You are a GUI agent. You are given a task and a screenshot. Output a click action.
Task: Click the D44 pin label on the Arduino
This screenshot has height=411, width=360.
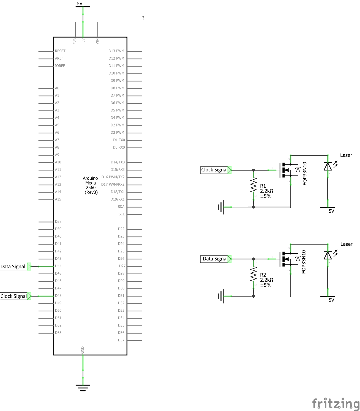click(x=58, y=266)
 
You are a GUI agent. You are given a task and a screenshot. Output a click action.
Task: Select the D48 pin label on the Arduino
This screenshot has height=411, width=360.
click(x=58, y=296)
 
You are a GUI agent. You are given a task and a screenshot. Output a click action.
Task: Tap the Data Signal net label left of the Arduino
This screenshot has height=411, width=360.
click(x=13, y=267)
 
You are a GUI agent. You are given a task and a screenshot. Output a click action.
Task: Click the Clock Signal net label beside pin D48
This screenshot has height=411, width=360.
click(x=14, y=296)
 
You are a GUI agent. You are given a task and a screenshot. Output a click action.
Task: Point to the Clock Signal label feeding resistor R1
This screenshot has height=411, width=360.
click(x=215, y=170)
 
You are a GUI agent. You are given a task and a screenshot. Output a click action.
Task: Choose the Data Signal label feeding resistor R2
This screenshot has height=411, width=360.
click(x=215, y=259)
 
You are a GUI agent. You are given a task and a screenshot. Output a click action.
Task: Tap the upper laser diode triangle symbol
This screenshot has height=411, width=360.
click(x=328, y=166)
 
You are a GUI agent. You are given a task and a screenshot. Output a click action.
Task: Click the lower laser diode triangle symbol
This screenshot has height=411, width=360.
click(x=328, y=255)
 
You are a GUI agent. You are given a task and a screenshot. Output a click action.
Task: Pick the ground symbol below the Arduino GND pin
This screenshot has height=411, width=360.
click(x=83, y=387)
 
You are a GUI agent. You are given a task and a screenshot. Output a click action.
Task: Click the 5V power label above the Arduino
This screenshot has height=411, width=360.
click(x=80, y=4)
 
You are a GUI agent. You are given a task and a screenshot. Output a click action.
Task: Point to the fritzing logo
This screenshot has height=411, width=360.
click(x=336, y=404)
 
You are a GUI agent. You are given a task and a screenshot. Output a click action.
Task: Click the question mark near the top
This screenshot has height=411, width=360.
click(x=143, y=18)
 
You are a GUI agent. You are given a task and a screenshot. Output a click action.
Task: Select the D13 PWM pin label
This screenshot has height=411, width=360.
click(x=116, y=51)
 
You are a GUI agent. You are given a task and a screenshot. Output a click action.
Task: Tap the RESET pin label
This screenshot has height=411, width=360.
click(x=60, y=51)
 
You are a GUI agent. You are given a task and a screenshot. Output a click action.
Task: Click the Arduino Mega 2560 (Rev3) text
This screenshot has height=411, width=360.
click(x=91, y=185)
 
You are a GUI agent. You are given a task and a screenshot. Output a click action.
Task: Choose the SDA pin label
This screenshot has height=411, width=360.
click(x=121, y=207)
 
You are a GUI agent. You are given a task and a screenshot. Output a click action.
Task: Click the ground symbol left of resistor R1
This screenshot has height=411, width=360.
click(x=221, y=207)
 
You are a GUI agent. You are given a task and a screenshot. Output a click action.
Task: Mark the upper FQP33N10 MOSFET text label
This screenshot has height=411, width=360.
click(x=305, y=173)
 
